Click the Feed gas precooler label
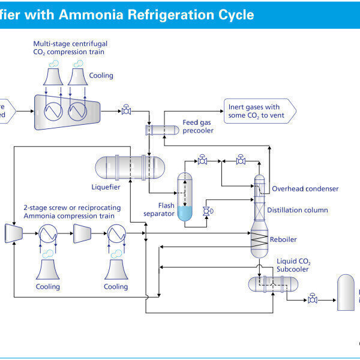(x=199, y=127)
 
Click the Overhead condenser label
(x=305, y=188)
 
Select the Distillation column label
(x=298, y=210)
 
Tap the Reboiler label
(x=283, y=239)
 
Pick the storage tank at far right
(x=346, y=292)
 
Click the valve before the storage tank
(x=312, y=298)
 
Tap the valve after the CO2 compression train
(x=127, y=110)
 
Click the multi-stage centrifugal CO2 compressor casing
(x=67, y=112)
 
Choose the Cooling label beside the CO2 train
(x=101, y=76)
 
